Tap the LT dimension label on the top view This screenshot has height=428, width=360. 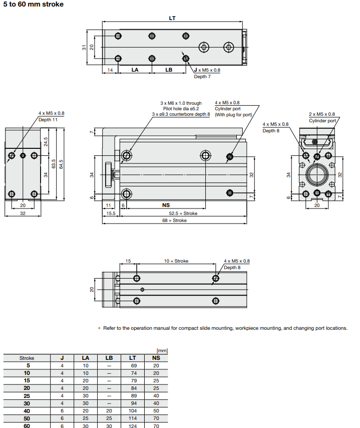click(172, 18)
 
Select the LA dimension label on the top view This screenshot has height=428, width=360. click(135, 70)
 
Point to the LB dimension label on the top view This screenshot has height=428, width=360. click(169, 70)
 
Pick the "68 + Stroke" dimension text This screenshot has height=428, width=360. click(174, 220)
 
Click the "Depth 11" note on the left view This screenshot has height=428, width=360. click(48, 120)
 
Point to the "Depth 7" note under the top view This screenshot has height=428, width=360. click(202, 77)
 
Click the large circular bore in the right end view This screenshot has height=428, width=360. click(316, 175)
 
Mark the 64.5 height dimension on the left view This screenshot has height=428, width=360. click(61, 164)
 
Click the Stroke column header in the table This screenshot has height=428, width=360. click(27, 358)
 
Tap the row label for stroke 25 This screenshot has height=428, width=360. click(28, 395)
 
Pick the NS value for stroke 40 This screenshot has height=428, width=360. click(156, 410)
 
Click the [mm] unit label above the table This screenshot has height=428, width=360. click(162, 351)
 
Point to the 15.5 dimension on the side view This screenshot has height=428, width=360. click(111, 213)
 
